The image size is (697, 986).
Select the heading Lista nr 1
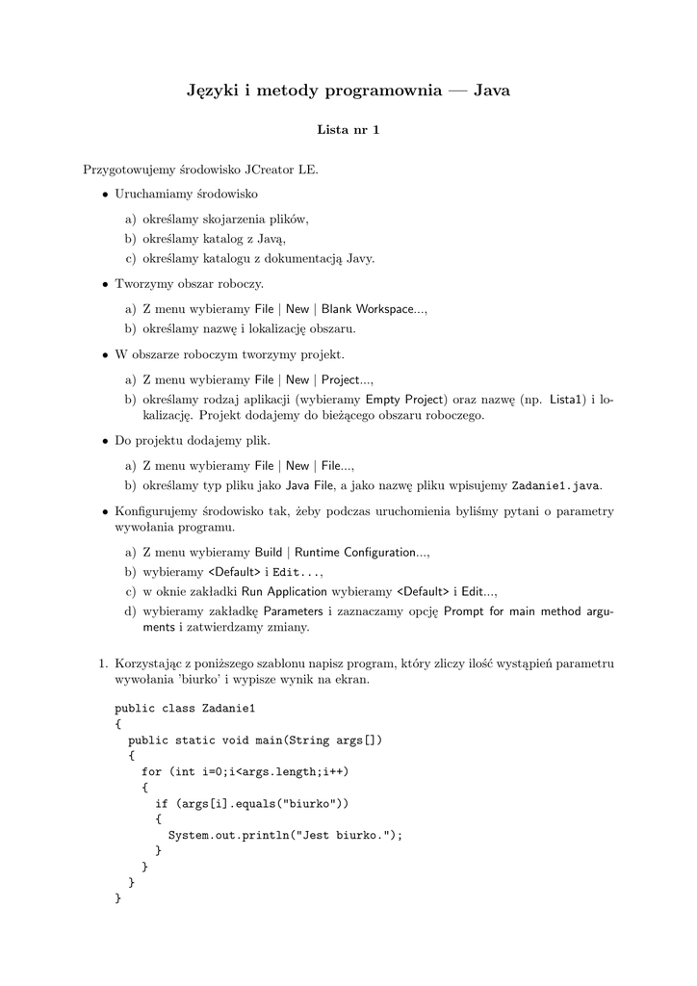(x=348, y=131)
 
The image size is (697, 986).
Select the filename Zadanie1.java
(x=557, y=485)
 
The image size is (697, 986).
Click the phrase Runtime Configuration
(x=354, y=553)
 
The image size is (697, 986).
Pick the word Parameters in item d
(x=294, y=610)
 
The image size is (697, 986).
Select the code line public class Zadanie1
(x=185, y=709)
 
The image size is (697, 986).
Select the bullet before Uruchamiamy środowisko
(x=105, y=194)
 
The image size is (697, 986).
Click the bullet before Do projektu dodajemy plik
(x=105, y=441)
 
